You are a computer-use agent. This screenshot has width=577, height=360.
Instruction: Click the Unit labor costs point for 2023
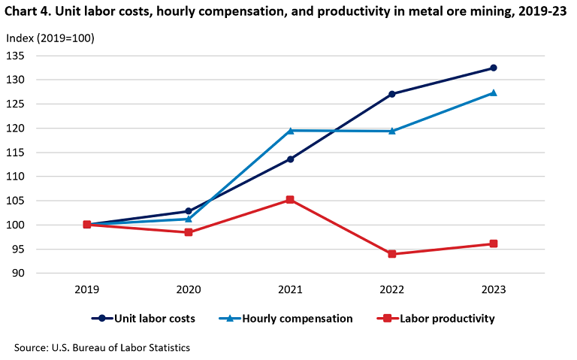(x=494, y=68)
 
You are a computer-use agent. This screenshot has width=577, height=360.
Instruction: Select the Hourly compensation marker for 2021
(x=290, y=131)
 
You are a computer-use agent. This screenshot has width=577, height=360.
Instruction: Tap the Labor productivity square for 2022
(x=392, y=254)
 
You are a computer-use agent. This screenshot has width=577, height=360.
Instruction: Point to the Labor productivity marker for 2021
(x=290, y=200)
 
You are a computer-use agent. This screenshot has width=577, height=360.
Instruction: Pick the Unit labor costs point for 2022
(x=392, y=94)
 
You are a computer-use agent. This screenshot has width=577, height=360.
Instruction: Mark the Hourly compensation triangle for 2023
(x=494, y=92)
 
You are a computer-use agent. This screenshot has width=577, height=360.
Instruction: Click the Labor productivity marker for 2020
(x=189, y=232)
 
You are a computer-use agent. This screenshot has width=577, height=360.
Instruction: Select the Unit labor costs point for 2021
(x=290, y=159)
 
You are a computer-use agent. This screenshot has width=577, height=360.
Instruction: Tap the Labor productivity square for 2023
(x=494, y=244)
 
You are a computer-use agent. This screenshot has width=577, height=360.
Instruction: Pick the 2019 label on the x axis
(x=87, y=289)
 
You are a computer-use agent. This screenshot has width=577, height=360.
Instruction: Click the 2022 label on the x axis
(x=392, y=289)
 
